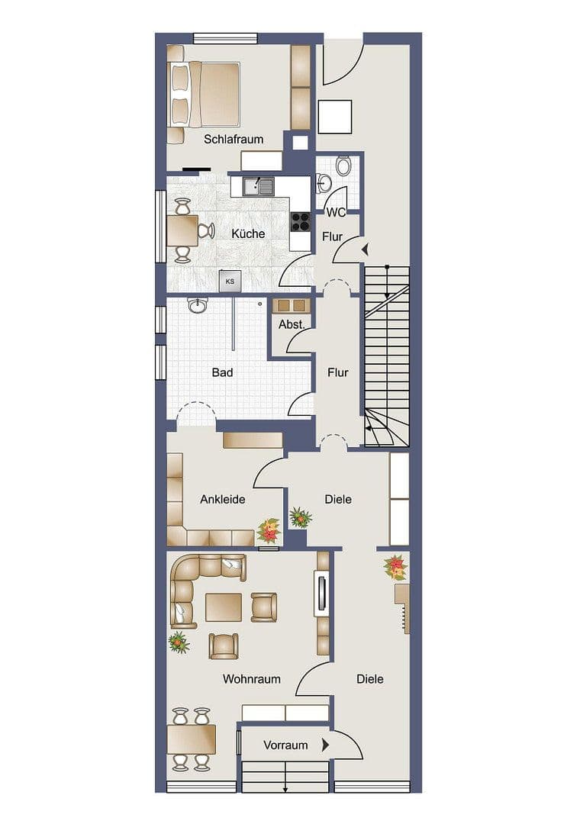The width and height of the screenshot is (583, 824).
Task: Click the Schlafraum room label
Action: click(234, 140)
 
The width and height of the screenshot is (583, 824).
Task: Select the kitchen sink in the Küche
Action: click(259, 185)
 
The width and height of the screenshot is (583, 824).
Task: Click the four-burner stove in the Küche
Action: click(301, 221)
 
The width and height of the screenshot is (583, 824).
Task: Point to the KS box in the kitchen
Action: click(230, 282)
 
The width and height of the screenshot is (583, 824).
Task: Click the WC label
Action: click(337, 212)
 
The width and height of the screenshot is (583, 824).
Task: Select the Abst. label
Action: click(291, 324)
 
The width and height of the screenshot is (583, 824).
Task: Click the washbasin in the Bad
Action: click(198, 305)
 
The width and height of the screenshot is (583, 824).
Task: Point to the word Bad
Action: click(222, 373)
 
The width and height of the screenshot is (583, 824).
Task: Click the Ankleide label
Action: click(223, 500)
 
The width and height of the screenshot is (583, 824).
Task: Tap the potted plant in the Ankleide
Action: click(269, 529)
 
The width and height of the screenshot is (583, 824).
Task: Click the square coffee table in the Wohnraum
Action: click(224, 607)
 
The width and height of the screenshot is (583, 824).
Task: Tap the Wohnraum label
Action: click(252, 679)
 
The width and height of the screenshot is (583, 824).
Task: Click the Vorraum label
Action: click(285, 745)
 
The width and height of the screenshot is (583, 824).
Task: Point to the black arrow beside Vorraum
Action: click(326, 745)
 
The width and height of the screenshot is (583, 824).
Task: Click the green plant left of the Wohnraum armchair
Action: click(179, 642)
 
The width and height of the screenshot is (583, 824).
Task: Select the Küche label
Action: click(249, 234)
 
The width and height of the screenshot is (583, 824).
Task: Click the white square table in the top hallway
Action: click(334, 117)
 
